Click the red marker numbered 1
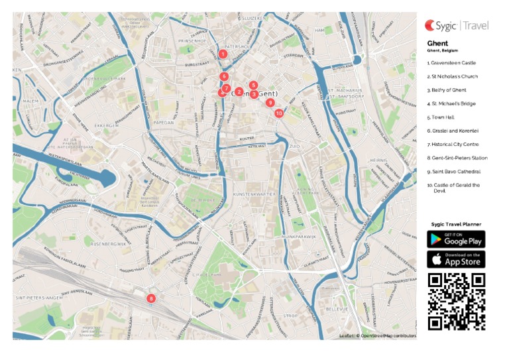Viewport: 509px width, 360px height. point(223,54)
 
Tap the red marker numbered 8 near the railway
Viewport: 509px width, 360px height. point(151,298)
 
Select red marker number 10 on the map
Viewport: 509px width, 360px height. point(279,113)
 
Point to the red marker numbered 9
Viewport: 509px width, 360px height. point(270,102)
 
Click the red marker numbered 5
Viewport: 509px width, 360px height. point(254,85)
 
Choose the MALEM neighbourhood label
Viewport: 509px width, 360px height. point(31,101)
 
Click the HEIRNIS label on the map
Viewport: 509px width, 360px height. point(378,159)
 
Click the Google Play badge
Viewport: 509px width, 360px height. point(455,239)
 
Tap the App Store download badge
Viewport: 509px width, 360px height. point(455,259)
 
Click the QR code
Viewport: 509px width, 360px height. point(456,301)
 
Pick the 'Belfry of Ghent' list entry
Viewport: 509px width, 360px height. point(447,90)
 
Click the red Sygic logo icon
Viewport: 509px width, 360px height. point(431,26)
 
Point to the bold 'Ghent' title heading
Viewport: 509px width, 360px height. point(437,44)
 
